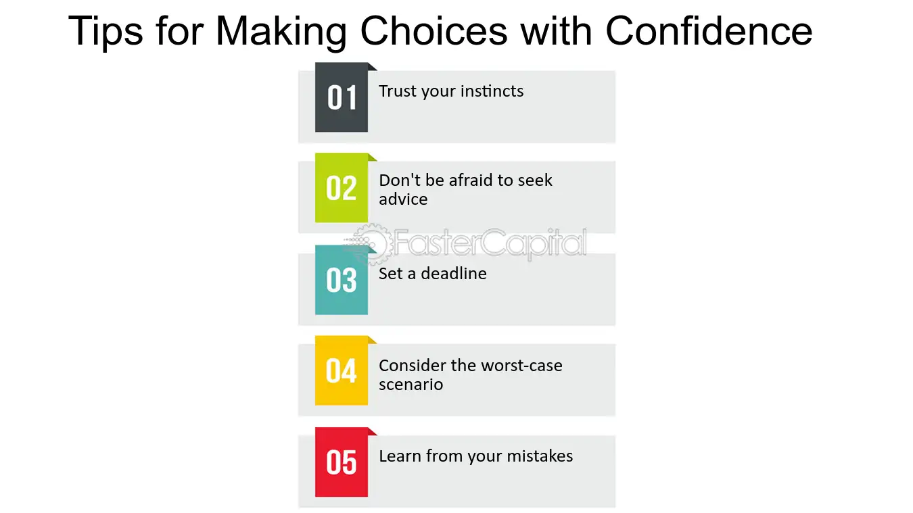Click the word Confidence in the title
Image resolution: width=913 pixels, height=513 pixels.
click(709, 31)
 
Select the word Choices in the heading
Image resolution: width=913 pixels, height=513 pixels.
click(434, 31)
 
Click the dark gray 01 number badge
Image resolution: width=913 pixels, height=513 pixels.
click(342, 97)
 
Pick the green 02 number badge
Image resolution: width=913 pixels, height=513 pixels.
click(342, 187)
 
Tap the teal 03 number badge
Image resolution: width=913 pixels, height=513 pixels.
click(342, 280)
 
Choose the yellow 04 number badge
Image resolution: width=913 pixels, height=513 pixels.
click(342, 370)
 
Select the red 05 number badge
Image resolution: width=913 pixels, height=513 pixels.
click(342, 462)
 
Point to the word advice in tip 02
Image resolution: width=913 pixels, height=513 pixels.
click(403, 199)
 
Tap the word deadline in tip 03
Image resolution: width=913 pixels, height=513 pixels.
click(454, 274)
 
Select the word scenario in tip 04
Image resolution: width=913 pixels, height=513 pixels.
click(411, 385)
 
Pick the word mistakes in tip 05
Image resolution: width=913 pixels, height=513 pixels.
click(540, 456)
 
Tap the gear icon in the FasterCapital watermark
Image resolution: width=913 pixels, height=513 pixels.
click(370, 244)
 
